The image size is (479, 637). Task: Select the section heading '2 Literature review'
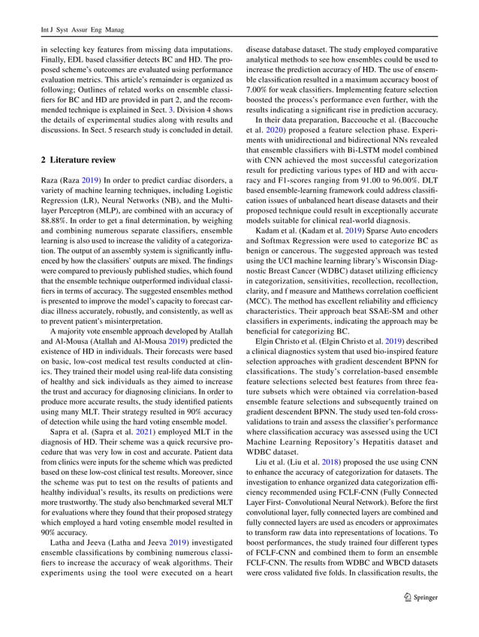[x=78, y=161]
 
